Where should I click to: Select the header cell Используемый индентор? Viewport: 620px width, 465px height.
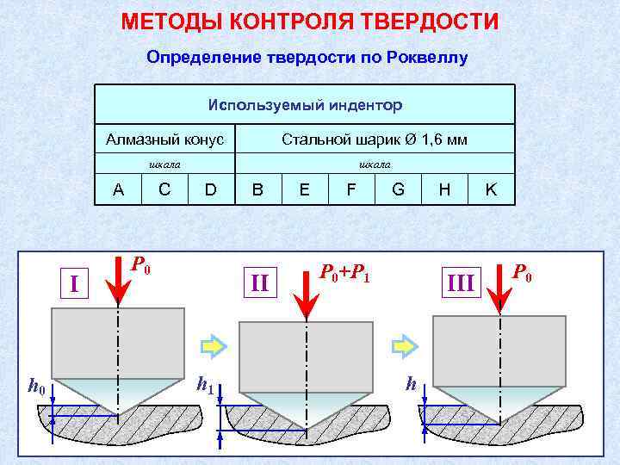coord(305,105)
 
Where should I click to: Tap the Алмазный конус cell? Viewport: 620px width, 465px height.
coord(164,139)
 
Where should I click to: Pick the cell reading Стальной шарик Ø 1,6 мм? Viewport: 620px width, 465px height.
coord(375,139)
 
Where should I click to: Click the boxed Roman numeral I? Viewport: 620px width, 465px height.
coord(74,282)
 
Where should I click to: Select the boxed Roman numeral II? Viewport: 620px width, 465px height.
coord(259,282)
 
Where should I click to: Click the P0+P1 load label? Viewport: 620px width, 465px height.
coord(344,273)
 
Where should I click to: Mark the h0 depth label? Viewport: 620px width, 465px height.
coord(36,387)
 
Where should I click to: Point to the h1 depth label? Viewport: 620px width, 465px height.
coord(205,384)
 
